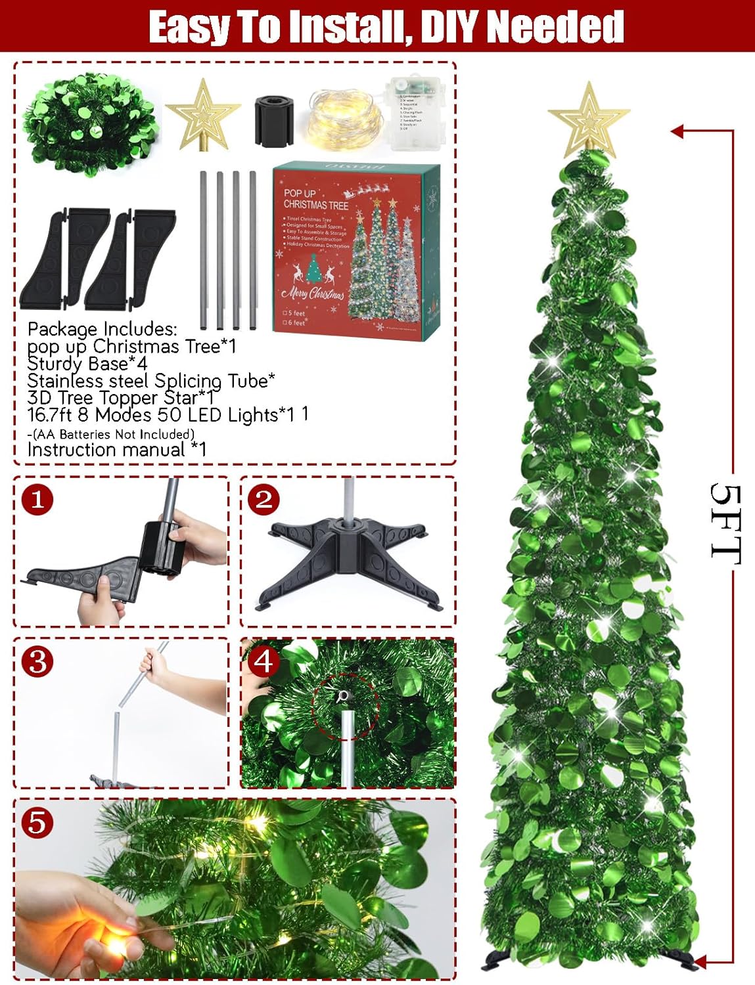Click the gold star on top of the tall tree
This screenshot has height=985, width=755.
(589, 117)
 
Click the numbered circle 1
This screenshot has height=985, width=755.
(37, 500)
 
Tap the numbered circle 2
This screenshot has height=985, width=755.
(263, 500)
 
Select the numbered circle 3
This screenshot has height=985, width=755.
(37, 662)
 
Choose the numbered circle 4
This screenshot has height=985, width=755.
(263, 662)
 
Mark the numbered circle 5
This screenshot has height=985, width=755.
(37, 823)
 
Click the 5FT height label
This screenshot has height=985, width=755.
(726, 523)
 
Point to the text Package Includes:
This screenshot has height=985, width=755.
(103, 329)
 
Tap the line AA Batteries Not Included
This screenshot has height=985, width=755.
(112, 434)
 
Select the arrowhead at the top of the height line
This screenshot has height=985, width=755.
(679, 132)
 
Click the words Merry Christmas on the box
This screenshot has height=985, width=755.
(313, 292)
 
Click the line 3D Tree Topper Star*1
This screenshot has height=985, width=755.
(121, 398)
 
